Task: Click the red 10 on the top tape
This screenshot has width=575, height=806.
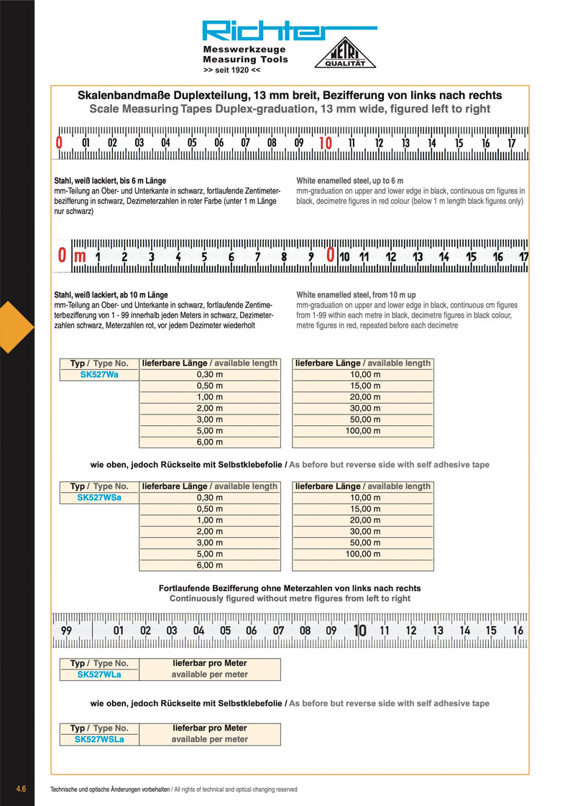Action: pyautogui.click(x=325, y=143)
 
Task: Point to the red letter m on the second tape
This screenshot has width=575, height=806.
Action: pyautogui.click(x=80, y=255)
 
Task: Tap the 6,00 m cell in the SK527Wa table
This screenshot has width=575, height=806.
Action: pyautogui.click(x=210, y=443)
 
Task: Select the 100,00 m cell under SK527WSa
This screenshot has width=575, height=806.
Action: pyautogui.click(x=364, y=555)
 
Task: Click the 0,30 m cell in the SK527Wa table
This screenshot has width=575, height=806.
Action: pyautogui.click(x=210, y=374)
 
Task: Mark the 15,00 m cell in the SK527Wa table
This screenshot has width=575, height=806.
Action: pyautogui.click(x=364, y=386)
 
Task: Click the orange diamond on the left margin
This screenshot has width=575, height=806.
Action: pyautogui.click(x=16, y=328)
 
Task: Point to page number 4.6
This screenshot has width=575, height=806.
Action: pyautogui.click(x=21, y=789)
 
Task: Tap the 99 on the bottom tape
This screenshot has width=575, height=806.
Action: pyautogui.click(x=66, y=631)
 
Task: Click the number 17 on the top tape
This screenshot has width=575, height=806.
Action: pyautogui.click(x=512, y=143)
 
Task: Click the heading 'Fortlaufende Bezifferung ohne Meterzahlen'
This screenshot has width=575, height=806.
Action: pyautogui.click(x=290, y=588)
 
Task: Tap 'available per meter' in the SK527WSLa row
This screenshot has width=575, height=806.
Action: pyautogui.click(x=209, y=739)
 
